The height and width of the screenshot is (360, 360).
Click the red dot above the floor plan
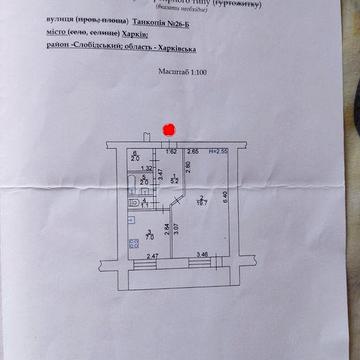click(x=169, y=129)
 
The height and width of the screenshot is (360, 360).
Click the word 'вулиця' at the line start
click(x=59, y=20)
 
